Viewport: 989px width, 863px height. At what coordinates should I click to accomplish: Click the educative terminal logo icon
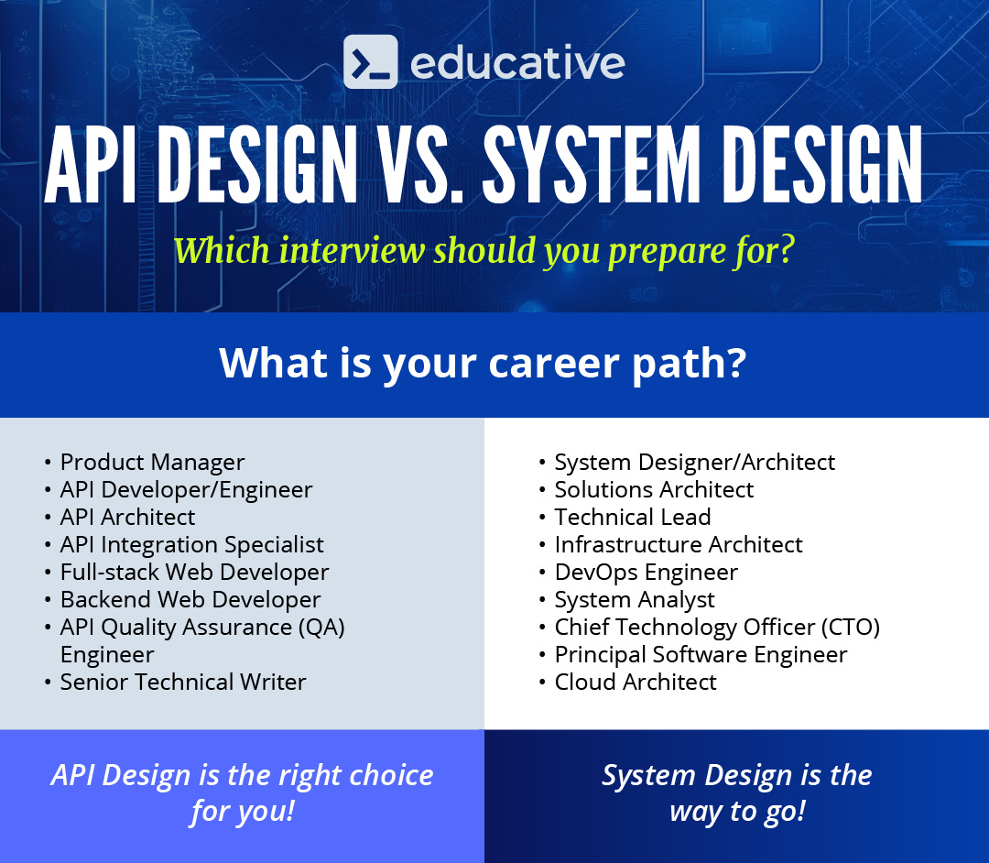371,61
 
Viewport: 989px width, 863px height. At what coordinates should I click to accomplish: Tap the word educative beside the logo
517,63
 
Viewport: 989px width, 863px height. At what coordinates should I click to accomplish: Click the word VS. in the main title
418,166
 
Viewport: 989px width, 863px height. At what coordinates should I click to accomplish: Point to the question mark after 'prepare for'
784,250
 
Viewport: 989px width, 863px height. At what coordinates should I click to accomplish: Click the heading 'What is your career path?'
483,364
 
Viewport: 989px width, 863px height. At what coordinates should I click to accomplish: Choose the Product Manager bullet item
152,463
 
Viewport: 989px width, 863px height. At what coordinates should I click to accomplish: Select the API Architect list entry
127,518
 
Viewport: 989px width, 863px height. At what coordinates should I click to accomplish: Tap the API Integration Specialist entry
191,545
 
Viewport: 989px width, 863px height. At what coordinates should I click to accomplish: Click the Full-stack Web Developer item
194,573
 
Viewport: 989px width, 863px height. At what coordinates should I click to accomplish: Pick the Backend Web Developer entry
190,600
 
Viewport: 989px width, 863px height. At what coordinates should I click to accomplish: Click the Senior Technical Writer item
183,683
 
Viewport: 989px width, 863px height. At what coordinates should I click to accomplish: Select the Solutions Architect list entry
654,490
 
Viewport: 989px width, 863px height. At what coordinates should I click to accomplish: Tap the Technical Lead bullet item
632,518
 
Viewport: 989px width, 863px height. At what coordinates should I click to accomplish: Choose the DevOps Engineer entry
646,573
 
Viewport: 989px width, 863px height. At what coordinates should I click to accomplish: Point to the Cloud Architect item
636,683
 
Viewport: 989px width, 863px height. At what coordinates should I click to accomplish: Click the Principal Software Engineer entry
701,655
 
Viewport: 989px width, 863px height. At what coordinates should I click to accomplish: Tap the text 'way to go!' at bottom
737,812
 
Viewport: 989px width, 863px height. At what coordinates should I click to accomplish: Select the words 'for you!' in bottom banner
243,812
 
